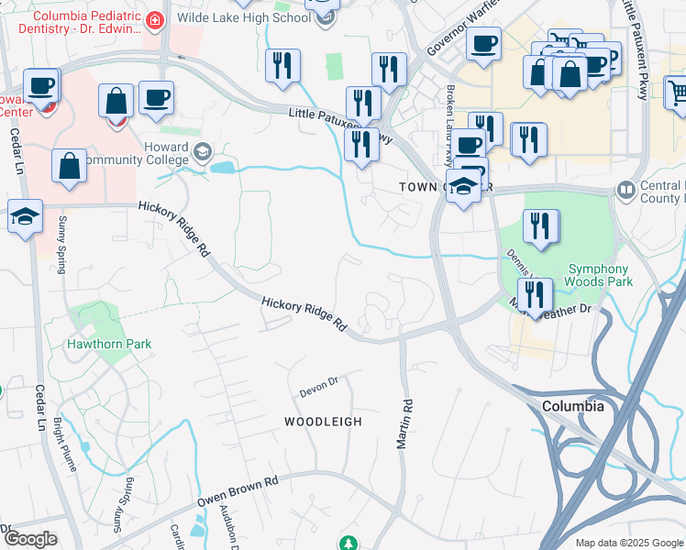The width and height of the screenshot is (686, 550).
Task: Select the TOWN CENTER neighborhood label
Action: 434,187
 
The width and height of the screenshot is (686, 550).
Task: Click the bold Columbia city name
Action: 572,405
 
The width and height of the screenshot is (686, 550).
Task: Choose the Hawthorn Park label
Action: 108,345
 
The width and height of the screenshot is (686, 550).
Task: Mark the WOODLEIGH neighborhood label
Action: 322,422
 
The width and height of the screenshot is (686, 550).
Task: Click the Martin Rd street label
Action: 404,423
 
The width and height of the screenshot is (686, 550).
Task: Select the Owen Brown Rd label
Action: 237,492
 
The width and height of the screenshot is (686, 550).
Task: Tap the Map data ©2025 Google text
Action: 628,543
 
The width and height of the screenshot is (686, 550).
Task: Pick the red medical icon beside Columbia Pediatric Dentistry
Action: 155,18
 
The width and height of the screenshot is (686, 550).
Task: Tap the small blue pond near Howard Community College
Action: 222,168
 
